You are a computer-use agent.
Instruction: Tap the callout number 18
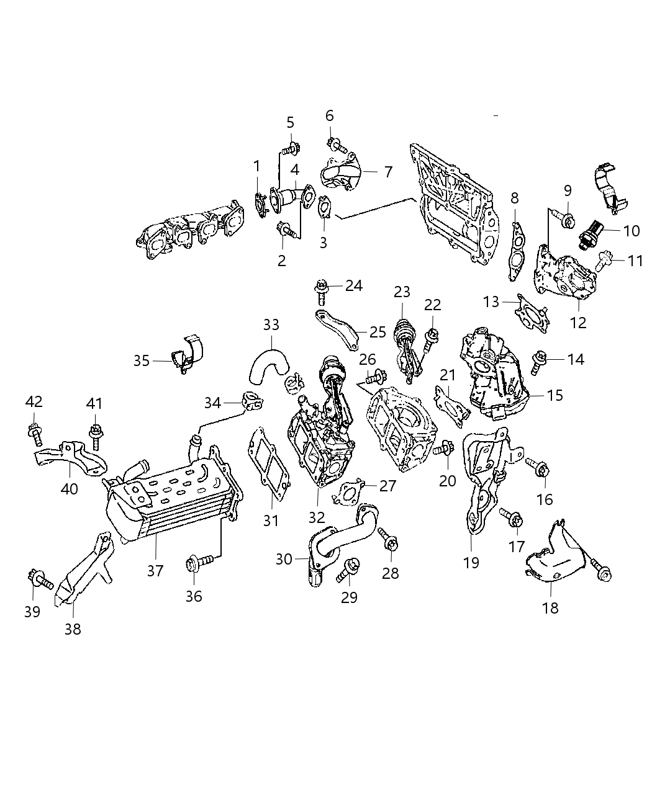(550, 607)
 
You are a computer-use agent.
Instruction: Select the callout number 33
(271, 324)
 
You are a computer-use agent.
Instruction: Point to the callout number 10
(631, 231)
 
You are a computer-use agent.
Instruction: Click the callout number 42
(34, 401)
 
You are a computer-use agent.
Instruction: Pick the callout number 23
(402, 292)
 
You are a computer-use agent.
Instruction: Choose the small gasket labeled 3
(325, 207)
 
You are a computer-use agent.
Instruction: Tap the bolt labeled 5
(289, 149)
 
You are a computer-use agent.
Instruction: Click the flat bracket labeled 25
(335, 328)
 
